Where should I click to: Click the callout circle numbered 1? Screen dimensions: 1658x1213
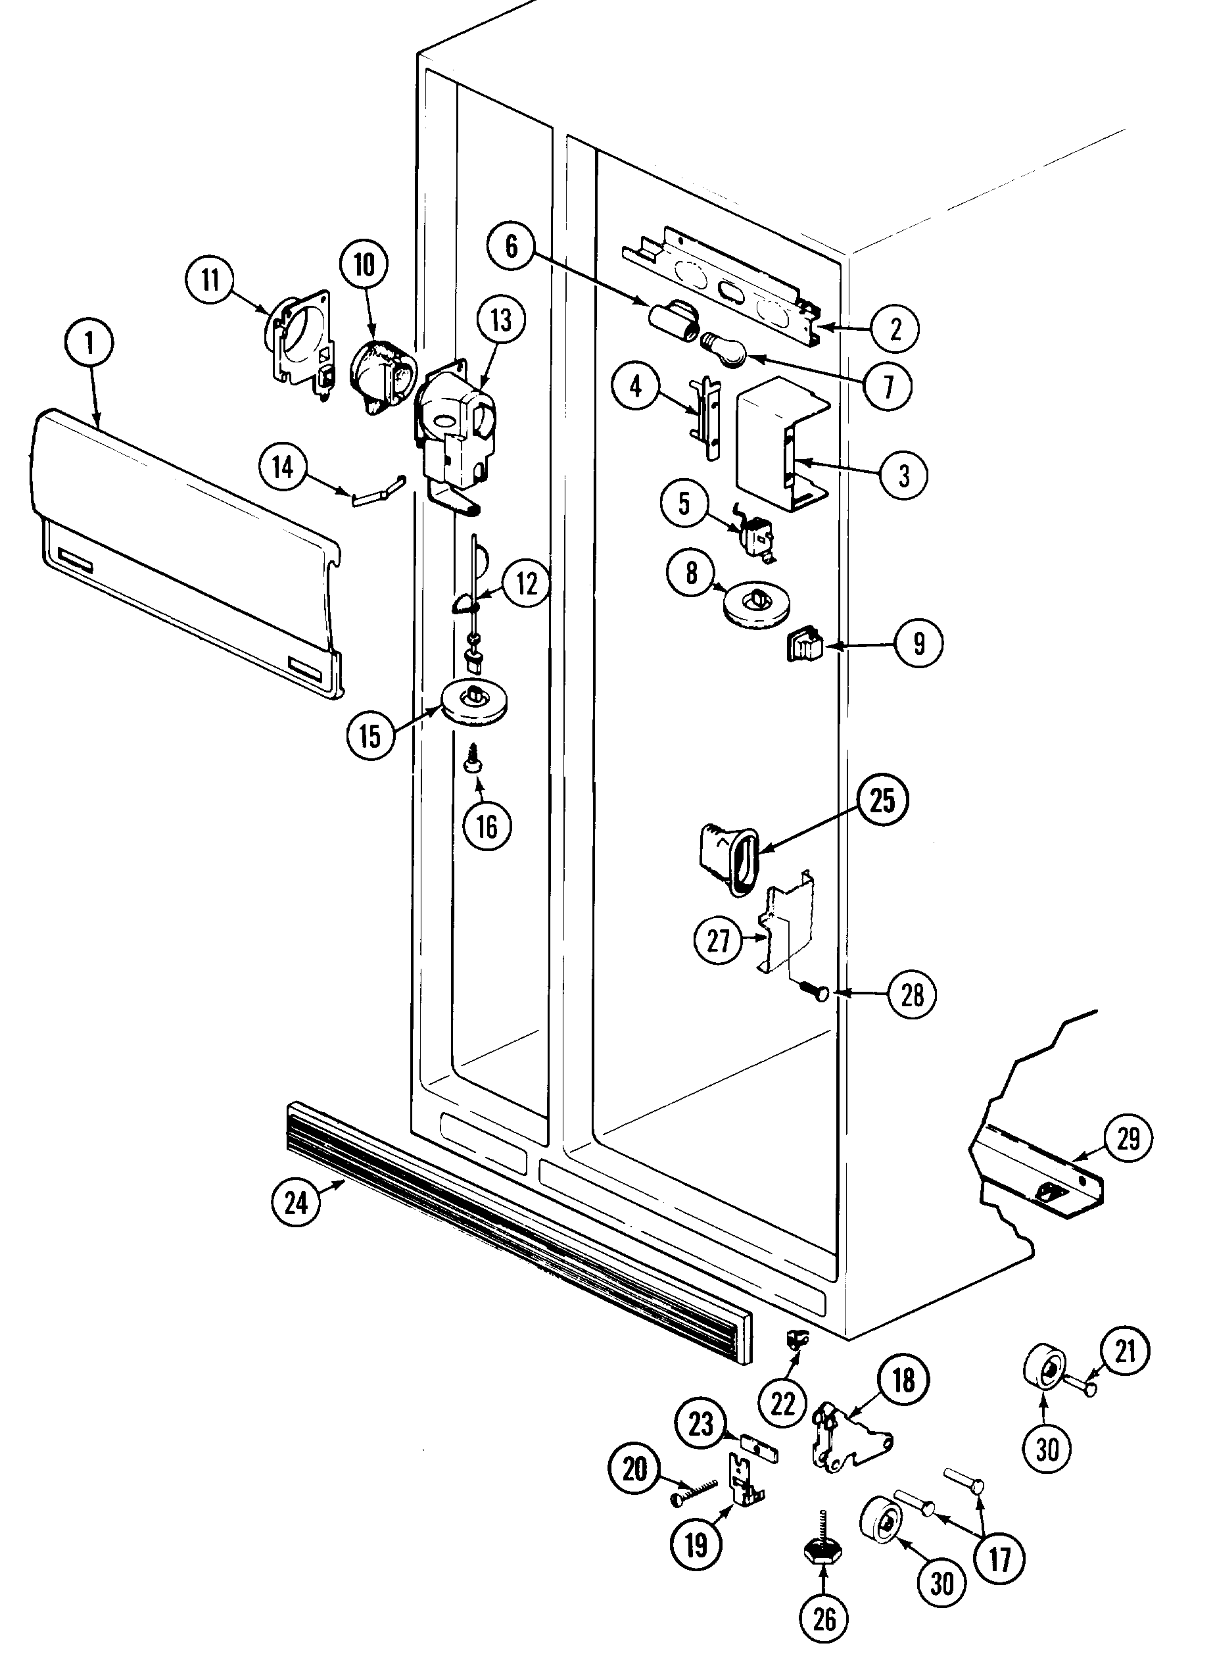click(x=89, y=344)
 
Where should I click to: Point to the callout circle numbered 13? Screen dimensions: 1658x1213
click(x=501, y=320)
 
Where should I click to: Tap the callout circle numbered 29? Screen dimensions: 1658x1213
click(x=1128, y=1138)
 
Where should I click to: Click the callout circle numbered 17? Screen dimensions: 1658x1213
click(x=1000, y=1559)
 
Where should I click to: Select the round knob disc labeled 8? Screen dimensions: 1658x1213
click(x=756, y=604)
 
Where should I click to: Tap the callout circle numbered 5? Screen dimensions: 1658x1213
click(x=684, y=504)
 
